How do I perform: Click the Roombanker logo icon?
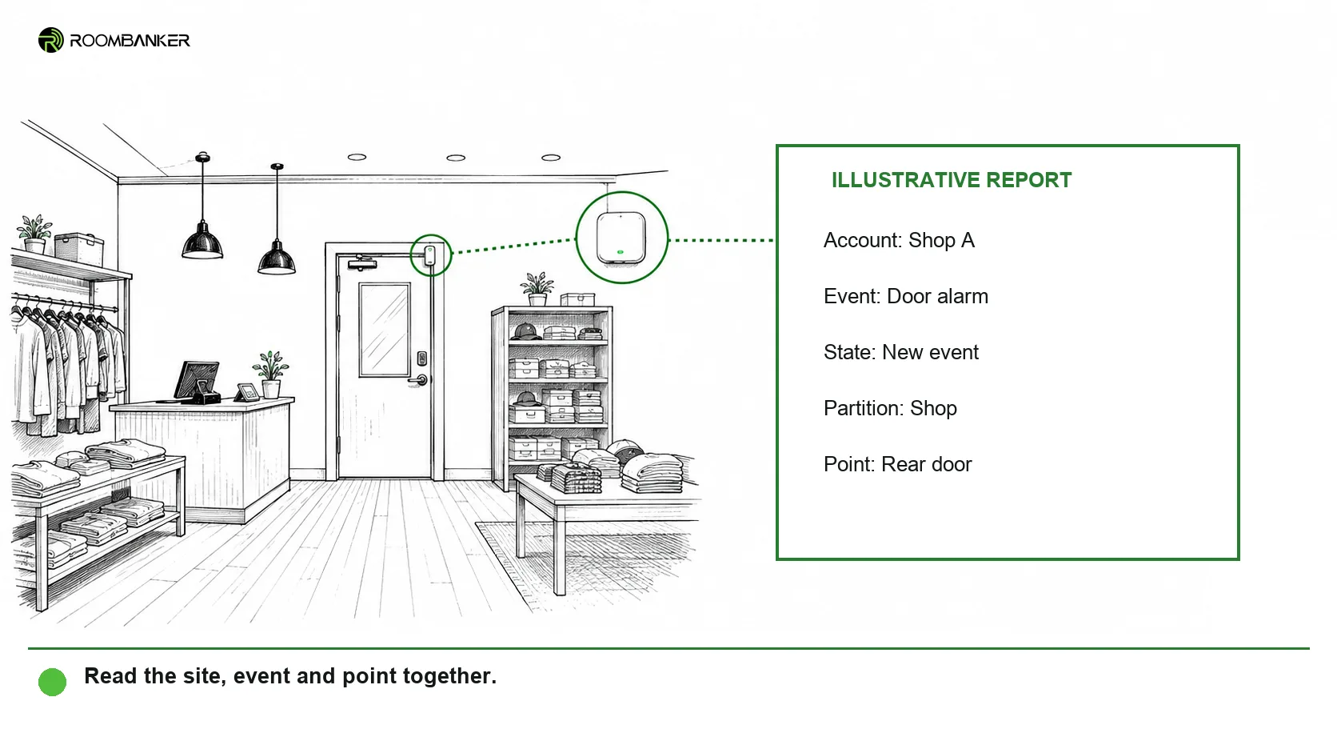click(50, 40)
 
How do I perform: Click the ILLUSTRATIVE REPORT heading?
click(952, 180)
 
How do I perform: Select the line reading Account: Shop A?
click(899, 240)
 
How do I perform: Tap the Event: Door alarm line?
click(905, 296)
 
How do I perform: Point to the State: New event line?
click(900, 352)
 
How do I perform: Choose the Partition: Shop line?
click(890, 408)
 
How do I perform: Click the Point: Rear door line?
click(898, 464)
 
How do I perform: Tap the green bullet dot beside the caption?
click(53, 681)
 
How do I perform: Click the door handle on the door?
click(419, 380)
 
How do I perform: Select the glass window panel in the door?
click(385, 330)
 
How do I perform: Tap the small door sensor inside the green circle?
click(429, 255)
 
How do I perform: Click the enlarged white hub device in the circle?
click(621, 238)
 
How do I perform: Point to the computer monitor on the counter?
click(197, 380)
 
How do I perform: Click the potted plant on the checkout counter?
click(270, 374)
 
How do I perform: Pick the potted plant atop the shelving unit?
click(537, 289)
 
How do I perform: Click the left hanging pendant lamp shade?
click(202, 242)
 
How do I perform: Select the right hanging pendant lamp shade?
click(277, 258)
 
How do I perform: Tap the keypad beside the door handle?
click(422, 358)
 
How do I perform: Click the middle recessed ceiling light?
click(456, 158)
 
